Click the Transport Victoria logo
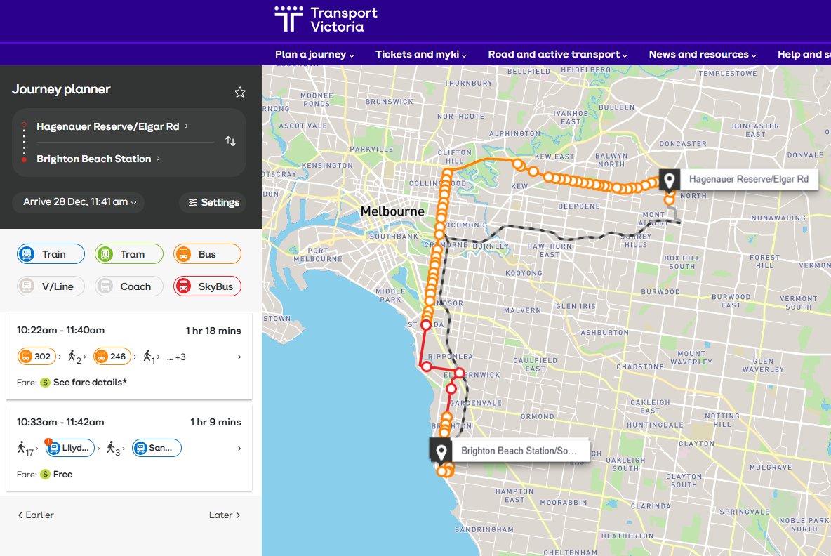pos(326,20)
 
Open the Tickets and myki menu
pos(420,54)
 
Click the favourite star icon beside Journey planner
pos(240,92)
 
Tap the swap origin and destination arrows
pos(230,141)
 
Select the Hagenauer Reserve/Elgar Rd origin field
pos(108,126)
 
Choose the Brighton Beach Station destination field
pos(94,159)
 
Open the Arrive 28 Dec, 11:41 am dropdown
pos(79,202)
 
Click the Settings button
pos(213,202)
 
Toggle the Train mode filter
pos(51,254)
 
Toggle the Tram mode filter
pos(129,254)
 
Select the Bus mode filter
pos(207,254)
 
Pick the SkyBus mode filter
pos(207,286)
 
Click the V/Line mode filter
pos(51,286)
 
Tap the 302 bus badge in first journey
pos(36,357)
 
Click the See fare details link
pos(90,383)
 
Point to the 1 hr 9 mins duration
pos(215,422)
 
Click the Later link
pos(225,515)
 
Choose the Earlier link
pos(36,515)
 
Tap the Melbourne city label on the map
pos(392,211)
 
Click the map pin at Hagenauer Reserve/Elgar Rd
pos(670,180)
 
